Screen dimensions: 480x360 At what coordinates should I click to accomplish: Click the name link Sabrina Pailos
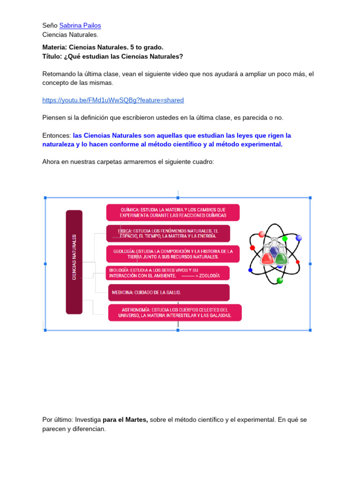pyautogui.click(x=80, y=25)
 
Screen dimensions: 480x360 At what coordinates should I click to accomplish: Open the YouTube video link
pyautogui.click(x=112, y=100)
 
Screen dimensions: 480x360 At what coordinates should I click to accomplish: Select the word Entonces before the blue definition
pyautogui.click(x=56, y=135)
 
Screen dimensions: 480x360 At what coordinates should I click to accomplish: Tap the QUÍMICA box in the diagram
pyautogui.click(x=172, y=212)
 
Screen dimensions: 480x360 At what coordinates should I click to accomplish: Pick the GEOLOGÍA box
pyautogui.click(x=172, y=254)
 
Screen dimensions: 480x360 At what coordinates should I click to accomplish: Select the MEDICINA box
pyautogui.click(x=169, y=292)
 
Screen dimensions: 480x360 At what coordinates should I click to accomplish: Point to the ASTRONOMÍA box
pyautogui.click(x=174, y=313)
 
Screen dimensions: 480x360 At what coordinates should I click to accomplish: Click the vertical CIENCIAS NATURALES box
pyautogui.click(x=74, y=262)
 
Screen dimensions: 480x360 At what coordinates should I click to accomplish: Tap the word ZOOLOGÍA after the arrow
pyautogui.click(x=209, y=276)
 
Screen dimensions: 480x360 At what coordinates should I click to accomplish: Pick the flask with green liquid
pyautogui.click(x=281, y=256)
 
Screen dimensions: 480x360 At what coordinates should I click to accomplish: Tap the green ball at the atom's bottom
pyautogui.click(x=280, y=280)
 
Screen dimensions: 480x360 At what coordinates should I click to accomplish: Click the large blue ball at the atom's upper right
pyautogui.click(x=299, y=238)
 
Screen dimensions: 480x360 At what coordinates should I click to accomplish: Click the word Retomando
pyautogui.click(x=57, y=74)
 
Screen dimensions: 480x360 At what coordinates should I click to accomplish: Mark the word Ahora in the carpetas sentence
pyautogui.click(x=51, y=161)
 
